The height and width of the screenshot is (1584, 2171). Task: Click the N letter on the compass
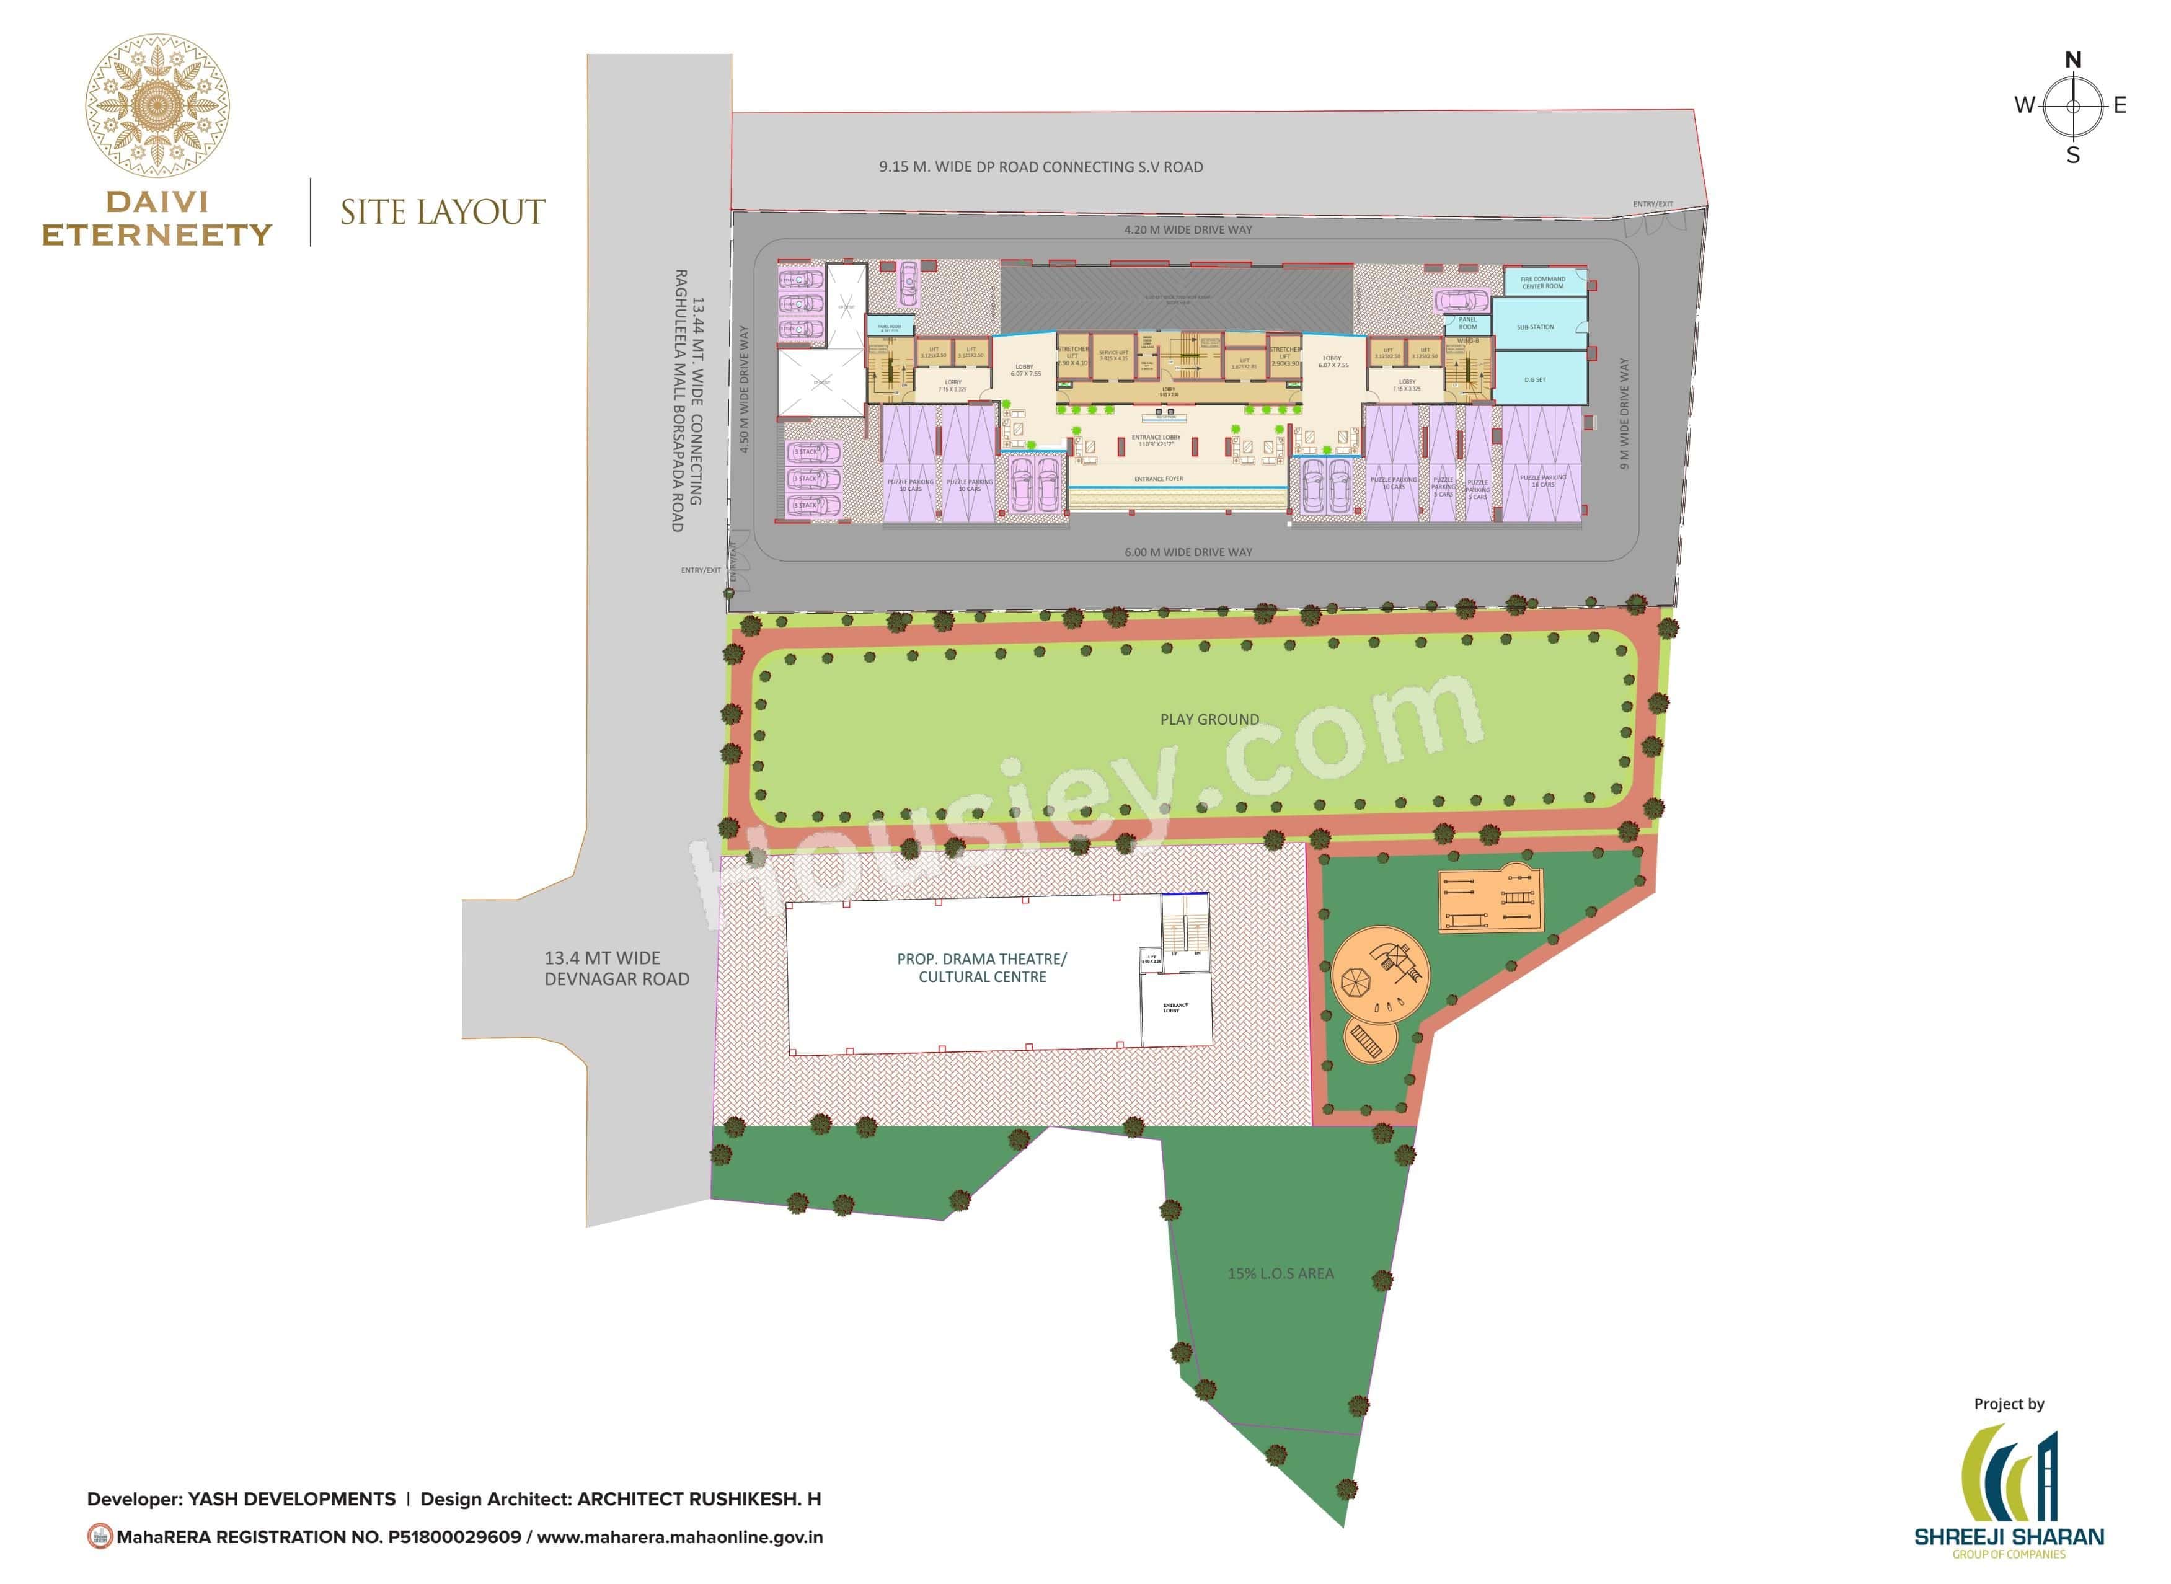(x=2072, y=60)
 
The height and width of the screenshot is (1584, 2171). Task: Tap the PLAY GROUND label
(x=1209, y=719)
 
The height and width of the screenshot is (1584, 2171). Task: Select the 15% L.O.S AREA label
(x=1280, y=1273)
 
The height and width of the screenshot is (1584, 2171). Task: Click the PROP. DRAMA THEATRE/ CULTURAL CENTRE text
(x=982, y=968)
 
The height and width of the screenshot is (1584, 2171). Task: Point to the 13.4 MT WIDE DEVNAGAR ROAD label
(x=617, y=968)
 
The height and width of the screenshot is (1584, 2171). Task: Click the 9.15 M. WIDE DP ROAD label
(x=1040, y=167)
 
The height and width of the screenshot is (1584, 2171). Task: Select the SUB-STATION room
(x=1535, y=327)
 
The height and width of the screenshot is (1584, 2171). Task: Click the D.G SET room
(x=1534, y=379)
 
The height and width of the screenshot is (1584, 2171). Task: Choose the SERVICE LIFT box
(x=1113, y=356)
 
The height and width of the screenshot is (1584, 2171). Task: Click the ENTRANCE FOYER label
(x=1159, y=479)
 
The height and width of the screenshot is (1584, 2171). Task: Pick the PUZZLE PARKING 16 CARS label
(x=1542, y=480)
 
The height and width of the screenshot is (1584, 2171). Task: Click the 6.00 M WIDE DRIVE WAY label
(x=1188, y=552)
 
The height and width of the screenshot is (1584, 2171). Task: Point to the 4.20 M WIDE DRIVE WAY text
(x=1188, y=230)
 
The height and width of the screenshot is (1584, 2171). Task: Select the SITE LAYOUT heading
(x=442, y=212)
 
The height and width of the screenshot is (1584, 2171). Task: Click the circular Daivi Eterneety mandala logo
(x=157, y=105)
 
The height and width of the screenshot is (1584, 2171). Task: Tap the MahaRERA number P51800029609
(x=454, y=1537)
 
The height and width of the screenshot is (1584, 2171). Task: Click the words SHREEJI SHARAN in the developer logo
(x=2009, y=1536)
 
